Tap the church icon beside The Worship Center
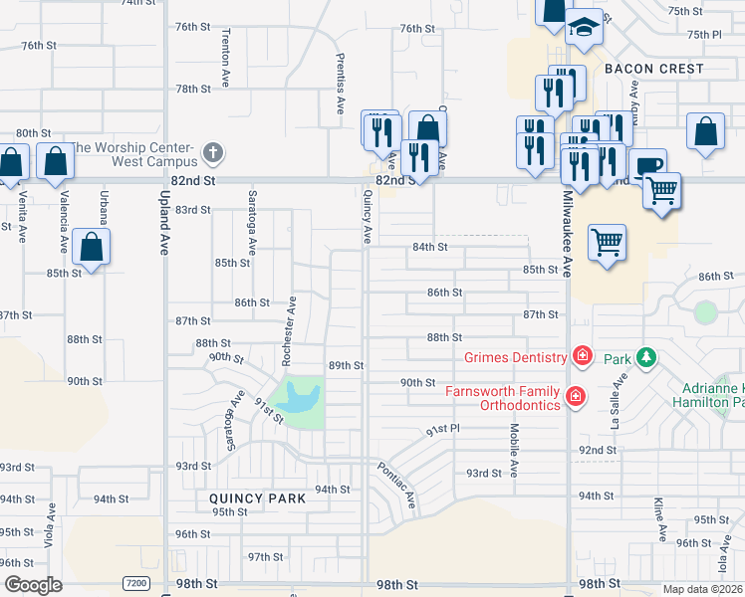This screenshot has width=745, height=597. click(x=211, y=153)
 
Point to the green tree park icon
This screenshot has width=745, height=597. click(x=646, y=356)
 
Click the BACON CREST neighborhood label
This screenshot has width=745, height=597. click(x=654, y=69)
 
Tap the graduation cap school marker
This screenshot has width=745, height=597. click(x=585, y=27)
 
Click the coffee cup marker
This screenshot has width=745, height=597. click(x=648, y=164)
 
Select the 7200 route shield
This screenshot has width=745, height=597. click(x=136, y=582)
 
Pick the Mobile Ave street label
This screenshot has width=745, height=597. click(x=514, y=448)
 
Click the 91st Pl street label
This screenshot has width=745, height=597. click(x=442, y=429)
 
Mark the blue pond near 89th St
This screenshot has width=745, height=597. click(x=296, y=397)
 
